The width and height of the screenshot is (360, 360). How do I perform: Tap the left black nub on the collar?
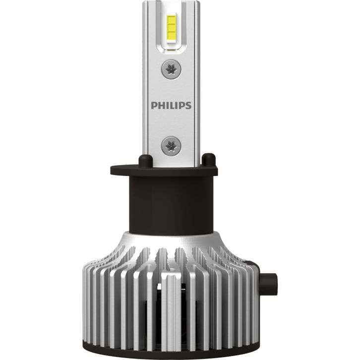(x=146, y=161)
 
